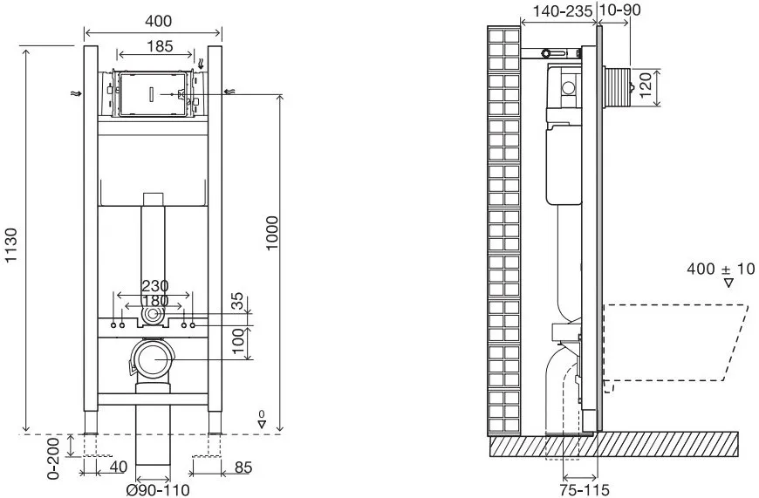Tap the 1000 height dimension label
pos(272,234)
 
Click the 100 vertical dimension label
pos(238,341)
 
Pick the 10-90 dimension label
pos(620,10)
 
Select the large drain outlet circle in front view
pos(154,358)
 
